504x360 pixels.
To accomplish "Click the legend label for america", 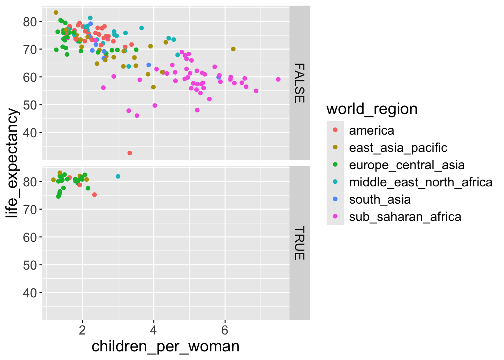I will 371,130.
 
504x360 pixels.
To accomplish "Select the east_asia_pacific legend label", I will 398,148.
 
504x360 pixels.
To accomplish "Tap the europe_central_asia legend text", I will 406,165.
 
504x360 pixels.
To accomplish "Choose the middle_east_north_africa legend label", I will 420,182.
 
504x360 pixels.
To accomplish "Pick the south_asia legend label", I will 379,199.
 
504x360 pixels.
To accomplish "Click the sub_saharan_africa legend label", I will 405,217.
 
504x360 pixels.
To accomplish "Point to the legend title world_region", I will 372,109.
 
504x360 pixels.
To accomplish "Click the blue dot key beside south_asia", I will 335,199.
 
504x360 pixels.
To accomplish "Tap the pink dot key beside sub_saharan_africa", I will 335,216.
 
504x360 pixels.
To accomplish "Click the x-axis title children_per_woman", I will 165,346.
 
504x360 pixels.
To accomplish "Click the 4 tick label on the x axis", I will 153,330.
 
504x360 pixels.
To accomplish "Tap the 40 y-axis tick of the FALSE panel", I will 30,133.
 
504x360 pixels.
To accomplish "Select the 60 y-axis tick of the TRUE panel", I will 30,237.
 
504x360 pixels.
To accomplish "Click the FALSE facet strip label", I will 299,83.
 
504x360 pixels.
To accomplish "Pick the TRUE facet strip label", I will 299,243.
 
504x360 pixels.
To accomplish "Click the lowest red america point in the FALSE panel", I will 130,153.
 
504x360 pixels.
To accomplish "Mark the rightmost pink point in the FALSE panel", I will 278,79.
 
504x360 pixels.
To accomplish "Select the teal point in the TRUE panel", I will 118,176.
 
